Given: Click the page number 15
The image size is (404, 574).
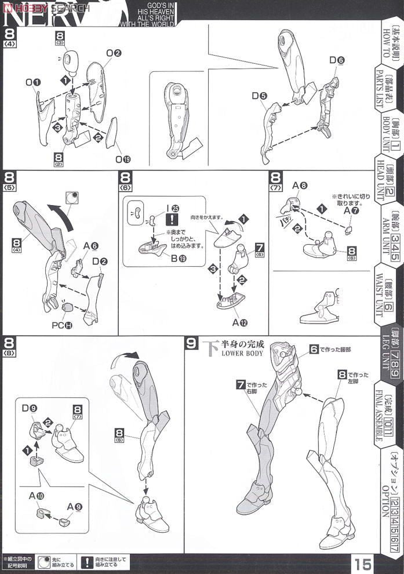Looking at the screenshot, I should click(x=365, y=563).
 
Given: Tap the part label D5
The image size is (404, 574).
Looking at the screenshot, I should click(x=259, y=95).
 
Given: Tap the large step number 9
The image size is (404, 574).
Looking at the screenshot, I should click(x=192, y=343).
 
